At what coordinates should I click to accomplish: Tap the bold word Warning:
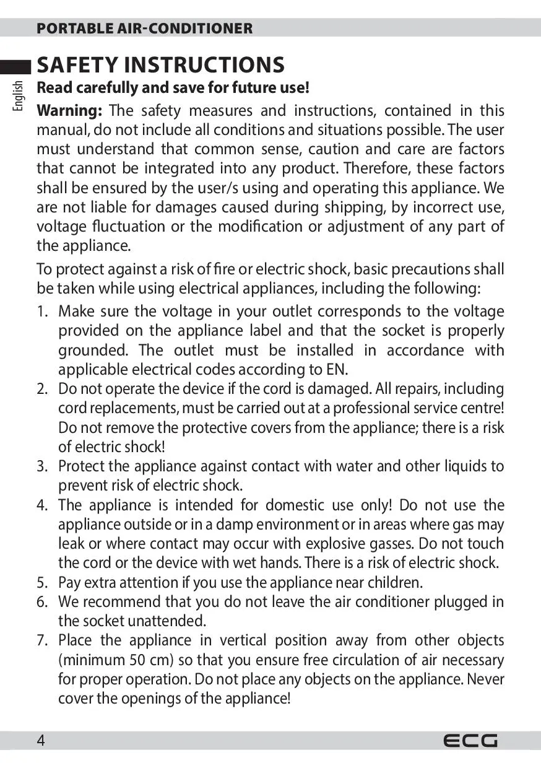69,111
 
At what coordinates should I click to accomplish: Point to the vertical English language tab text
18,95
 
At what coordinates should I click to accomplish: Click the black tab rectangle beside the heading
15,66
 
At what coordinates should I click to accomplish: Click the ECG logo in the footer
470,740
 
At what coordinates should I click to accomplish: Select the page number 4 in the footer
41,740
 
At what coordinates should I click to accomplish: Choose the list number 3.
41,466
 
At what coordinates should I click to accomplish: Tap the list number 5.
41,582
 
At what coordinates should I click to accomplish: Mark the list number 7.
41,640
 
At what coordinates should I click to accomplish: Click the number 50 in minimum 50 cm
137,660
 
